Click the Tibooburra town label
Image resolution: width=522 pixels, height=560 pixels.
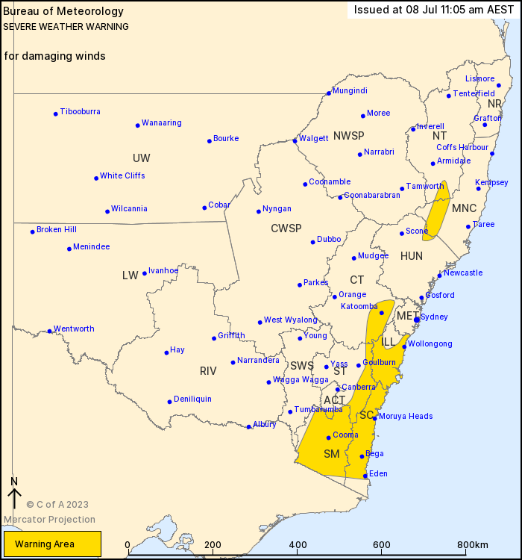click(81, 112)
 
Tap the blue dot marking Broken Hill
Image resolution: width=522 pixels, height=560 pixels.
click(33, 231)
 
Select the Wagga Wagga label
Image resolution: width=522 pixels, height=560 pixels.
click(301, 380)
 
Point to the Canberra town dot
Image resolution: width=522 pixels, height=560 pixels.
click(337, 389)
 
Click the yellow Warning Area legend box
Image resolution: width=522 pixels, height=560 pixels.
click(51, 544)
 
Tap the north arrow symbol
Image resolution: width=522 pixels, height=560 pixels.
click(13, 494)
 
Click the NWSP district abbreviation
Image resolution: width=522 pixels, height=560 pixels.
click(349, 135)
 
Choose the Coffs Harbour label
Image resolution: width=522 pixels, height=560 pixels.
click(462, 148)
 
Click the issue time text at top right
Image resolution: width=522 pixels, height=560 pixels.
click(433, 10)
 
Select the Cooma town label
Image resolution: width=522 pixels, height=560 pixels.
click(345, 435)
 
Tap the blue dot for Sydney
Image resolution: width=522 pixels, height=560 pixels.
click(417, 320)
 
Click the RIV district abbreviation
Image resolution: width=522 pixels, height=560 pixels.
click(208, 370)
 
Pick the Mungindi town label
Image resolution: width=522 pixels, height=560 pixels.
click(350, 91)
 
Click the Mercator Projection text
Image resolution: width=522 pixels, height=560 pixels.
click(49, 520)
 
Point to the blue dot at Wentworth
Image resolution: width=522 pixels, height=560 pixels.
click(50, 331)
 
